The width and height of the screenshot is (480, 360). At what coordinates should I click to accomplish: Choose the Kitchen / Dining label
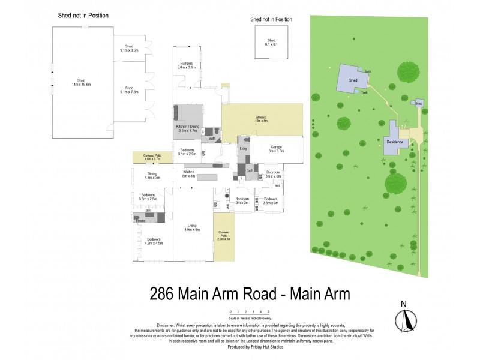coord(188,128)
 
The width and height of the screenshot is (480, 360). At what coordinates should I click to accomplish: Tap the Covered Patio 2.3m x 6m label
coord(224,236)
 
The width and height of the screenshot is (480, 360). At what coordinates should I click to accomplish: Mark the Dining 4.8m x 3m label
coord(152,175)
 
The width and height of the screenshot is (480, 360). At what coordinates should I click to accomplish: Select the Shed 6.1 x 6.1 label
coord(272,43)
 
